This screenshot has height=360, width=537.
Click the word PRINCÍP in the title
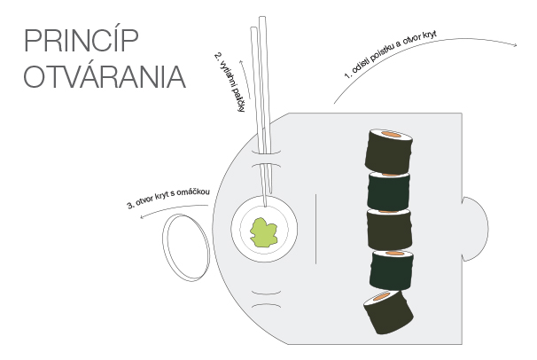pyautogui.click(x=82, y=41)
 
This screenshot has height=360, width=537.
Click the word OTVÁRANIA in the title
pyautogui.click(x=105, y=77)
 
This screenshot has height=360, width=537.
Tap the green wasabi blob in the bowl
pyautogui.click(x=263, y=232)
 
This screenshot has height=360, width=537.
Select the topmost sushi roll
pyautogui.click(x=389, y=152)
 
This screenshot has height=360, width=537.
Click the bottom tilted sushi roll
pyautogui.click(x=388, y=312)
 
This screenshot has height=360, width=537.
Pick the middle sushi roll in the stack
pyautogui.click(x=389, y=230)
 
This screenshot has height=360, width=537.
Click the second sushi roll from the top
pyautogui.click(x=388, y=192)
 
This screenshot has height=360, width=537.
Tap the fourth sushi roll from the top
pyautogui.click(x=392, y=270)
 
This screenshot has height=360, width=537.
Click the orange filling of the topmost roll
pyautogui.click(x=392, y=134)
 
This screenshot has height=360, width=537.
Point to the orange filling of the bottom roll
pyautogui.click(x=381, y=297)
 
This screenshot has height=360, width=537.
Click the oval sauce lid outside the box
pyautogui.click(x=185, y=248)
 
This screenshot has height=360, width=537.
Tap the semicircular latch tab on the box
pyautogui.click(x=475, y=229)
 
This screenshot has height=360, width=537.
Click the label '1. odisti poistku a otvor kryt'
pyautogui.click(x=391, y=55)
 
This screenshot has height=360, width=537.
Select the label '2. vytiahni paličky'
pyautogui.click(x=230, y=82)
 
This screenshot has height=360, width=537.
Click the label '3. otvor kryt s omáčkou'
pyautogui.click(x=168, y=198)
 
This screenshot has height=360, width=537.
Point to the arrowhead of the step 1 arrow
pyautogui.click(x=515, y=45)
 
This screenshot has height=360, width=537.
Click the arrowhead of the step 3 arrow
pyautogui.click(x=142, y=216)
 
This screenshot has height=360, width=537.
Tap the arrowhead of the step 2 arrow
pyautogui.click(x=240, y=62)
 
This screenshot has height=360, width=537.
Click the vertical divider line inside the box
pyautogui.click(x=315, y=229)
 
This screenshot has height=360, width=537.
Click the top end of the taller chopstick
pyautogui.click(x=262, y=17)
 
